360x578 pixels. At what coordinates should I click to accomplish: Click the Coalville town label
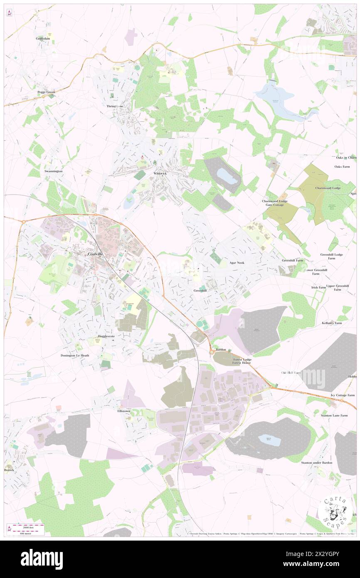[x=95, y=254]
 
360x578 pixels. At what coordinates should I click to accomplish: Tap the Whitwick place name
[x=160, y=173]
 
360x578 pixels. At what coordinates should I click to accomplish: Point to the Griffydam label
[x=43, y=38]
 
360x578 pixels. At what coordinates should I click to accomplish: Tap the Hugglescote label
[x=106, y=336]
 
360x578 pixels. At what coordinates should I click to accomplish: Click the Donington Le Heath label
[x=75, y=356]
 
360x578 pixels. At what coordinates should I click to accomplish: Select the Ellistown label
[x=121, y=410]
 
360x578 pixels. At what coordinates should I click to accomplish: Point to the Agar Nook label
[x=237, y=263]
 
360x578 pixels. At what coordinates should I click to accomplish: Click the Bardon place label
[x=221, y=350]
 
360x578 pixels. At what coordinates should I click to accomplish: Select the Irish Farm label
[x=319, y=287]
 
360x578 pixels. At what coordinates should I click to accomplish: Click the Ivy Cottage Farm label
[x=340, y=395]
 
